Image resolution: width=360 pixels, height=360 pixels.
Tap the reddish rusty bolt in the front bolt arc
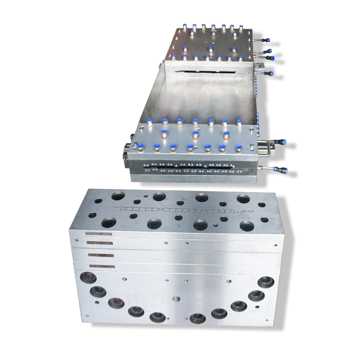click(116, 303)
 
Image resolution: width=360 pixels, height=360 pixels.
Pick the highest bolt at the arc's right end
click(266, 282)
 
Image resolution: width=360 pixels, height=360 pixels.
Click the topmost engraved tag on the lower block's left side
click(94, 234)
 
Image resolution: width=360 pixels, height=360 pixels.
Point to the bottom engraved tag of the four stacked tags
click(99, 266)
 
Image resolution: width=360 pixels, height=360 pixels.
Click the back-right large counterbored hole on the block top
click(243, 198)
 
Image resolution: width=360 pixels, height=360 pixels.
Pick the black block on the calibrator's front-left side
click(124, 153)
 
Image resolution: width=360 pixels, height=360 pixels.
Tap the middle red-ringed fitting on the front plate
click(195, 135)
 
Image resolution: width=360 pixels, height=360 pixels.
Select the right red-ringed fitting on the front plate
click(226, 135)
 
